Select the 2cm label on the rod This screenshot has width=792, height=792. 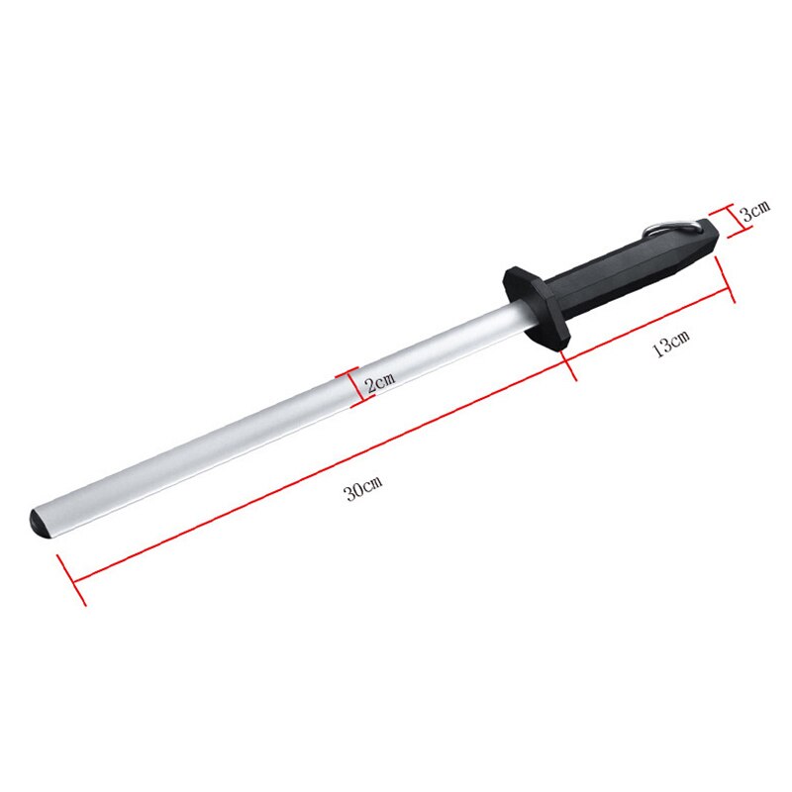380,384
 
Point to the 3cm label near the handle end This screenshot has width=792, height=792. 755,210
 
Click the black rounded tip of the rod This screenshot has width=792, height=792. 41,522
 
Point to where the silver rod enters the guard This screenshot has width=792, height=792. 515,314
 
